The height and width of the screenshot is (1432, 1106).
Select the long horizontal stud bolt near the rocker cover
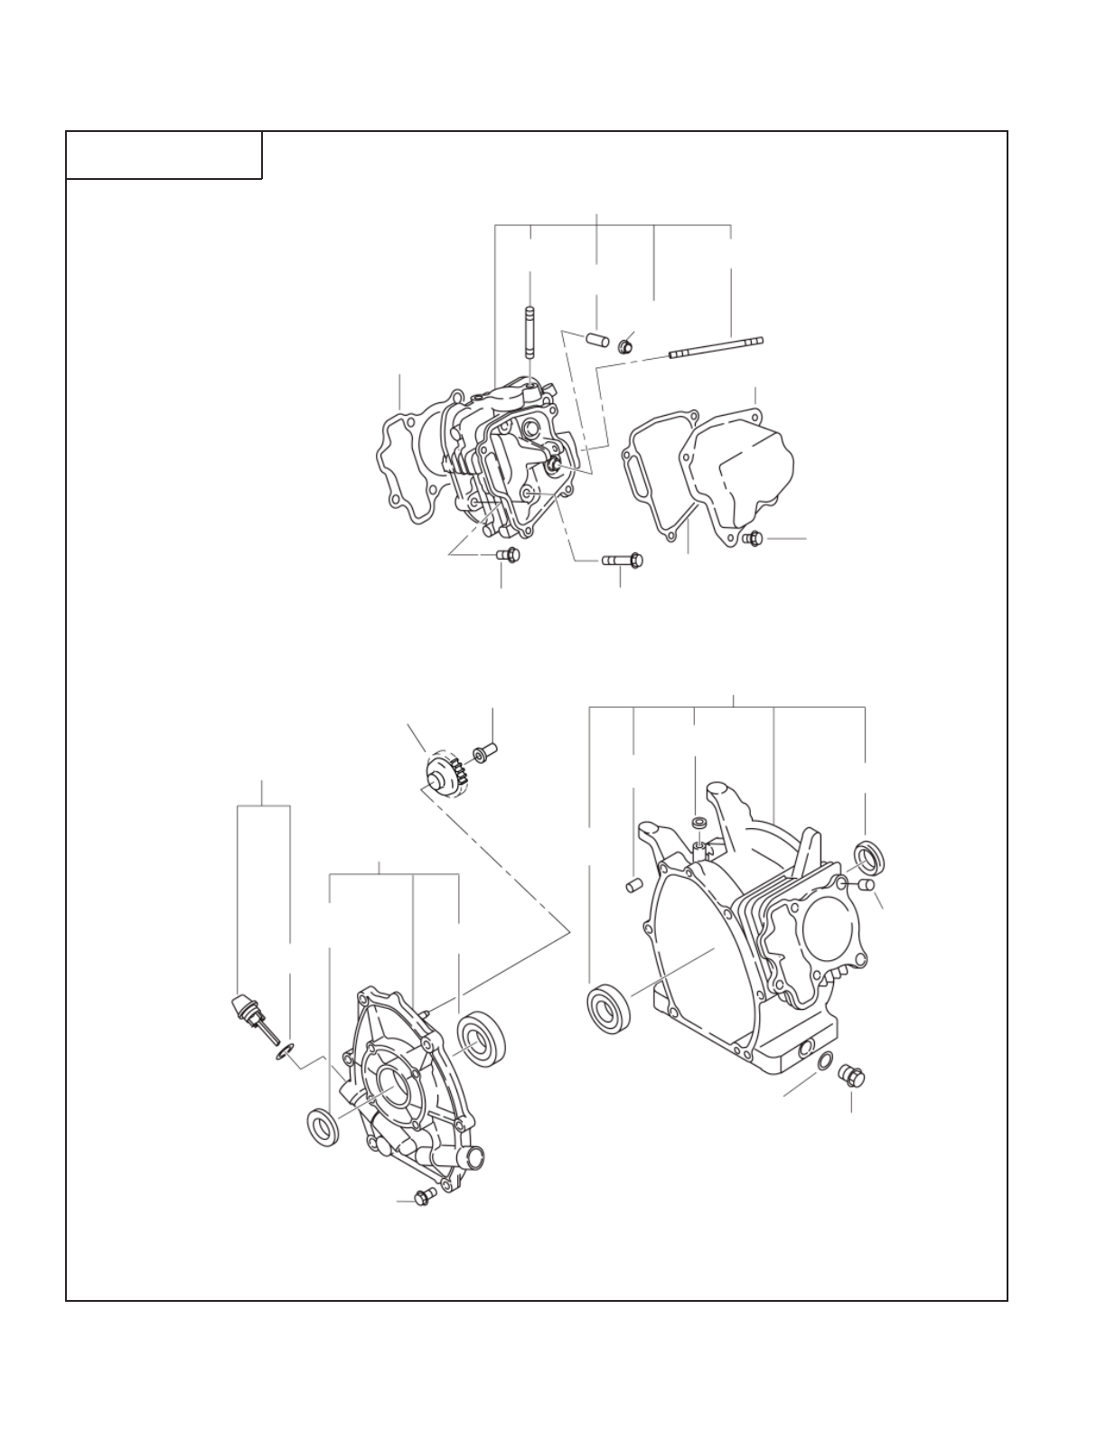716,347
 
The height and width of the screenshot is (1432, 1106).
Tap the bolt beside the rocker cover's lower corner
752,539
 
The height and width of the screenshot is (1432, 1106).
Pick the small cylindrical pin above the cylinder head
595,341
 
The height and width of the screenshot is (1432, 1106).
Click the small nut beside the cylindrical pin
624,346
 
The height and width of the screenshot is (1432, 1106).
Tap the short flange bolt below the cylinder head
509,554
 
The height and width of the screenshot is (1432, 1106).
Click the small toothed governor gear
445,774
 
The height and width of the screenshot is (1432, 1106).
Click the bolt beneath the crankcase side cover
422,1199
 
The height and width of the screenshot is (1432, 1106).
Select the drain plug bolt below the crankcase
851,1076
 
